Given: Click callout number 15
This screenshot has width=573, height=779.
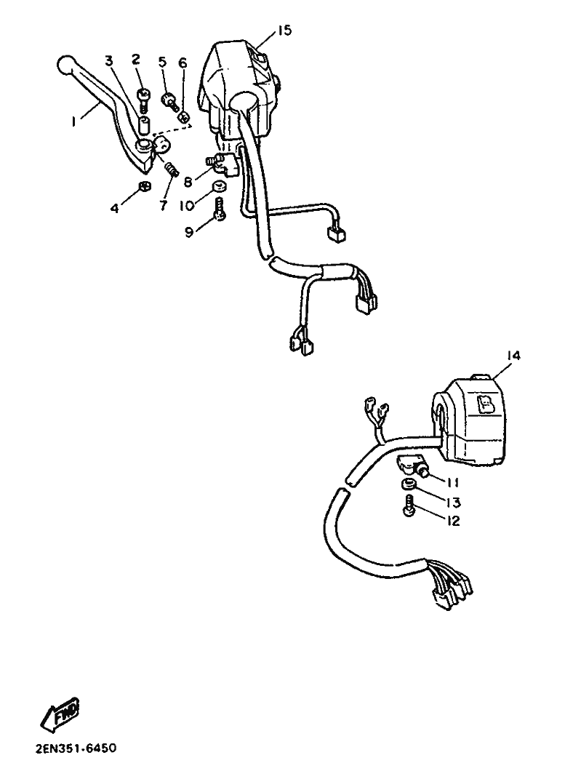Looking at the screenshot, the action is (x=284, y=31).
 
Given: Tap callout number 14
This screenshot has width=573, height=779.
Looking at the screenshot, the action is (x=514, y=356).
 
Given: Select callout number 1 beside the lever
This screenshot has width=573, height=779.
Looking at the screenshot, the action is (x=73, y=121).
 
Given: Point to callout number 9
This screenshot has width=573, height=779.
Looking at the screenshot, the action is (x=189, y=232).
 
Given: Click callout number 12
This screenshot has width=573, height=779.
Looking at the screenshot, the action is (x=453, y=521).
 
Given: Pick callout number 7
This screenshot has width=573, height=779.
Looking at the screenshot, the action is (x=164, y=204).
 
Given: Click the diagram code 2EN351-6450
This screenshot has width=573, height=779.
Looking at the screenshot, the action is (x=76, y=748).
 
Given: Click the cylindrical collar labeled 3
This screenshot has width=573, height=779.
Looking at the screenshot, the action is (x=143, y=126).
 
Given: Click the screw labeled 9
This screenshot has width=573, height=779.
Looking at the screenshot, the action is (x=220, y=208).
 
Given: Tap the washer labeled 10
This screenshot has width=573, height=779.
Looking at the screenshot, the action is (x=219, y=186).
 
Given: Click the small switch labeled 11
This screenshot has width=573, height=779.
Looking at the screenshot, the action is (x=411, y=466).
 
